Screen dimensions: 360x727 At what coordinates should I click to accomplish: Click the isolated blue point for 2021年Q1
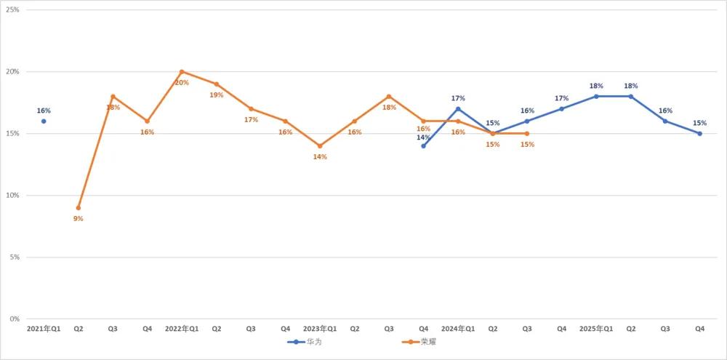tap(44, 121)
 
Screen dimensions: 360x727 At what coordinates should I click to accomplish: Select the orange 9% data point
tap(79, 208)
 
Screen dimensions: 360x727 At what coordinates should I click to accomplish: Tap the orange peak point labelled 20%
tap(182, 71)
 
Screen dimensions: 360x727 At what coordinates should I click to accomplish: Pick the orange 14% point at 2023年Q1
tap(320, 145)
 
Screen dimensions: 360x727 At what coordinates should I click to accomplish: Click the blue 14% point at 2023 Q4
tap(423, 145)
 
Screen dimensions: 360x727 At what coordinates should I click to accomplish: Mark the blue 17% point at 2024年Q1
tap(458, 109)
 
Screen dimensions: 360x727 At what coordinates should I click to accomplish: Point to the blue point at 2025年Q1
tap(596, 96)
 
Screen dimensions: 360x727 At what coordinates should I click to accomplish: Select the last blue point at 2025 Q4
tap(700, 133)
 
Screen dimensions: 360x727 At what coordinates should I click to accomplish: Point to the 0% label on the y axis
tap(14, 319)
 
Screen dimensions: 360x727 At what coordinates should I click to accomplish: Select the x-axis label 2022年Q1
tap(182, 329)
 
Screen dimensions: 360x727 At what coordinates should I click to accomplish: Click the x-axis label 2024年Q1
tap(458, 329)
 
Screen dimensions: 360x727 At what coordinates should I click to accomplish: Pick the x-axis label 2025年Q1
tap(596, 329)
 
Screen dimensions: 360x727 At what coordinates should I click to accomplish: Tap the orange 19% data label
tap(216, 95)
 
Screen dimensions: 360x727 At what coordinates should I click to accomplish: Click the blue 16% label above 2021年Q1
tap(44, 111)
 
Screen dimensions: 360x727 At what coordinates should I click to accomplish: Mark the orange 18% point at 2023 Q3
tap(389, 96)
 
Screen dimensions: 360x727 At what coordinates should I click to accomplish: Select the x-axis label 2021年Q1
tap(44, 329)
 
